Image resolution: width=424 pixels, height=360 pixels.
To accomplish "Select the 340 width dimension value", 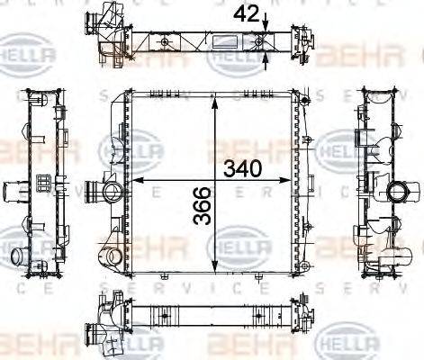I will coord(244,167).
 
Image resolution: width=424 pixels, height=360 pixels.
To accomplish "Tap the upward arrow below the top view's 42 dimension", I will coord(266,59).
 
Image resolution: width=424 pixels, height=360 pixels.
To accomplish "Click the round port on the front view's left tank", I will coord(112,191).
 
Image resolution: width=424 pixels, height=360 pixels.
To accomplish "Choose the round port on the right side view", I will coord(399,192).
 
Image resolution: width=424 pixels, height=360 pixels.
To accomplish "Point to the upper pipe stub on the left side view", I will coord(15,192).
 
